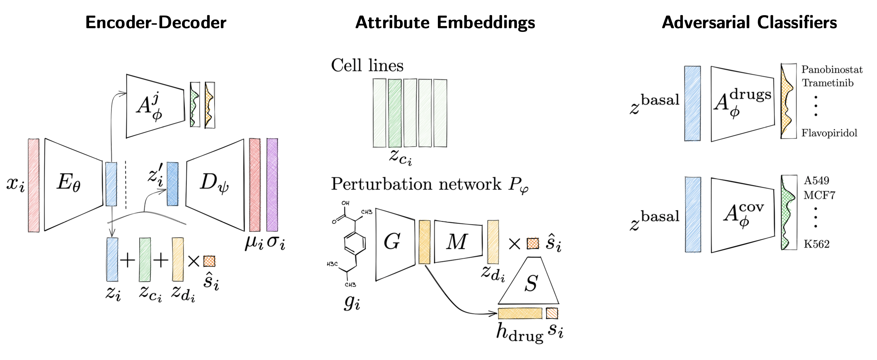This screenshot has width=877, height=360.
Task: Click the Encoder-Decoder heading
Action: pos(155,23)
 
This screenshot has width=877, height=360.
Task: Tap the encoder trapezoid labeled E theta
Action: pos(73,184)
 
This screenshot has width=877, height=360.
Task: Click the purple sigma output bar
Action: pos(272,185)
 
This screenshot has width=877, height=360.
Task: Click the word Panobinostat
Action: pos(832,70)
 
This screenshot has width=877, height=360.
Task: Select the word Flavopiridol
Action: pos(829,133)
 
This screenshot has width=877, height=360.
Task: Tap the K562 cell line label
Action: pos(816,244)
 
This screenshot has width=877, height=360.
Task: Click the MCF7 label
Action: pos(819,195)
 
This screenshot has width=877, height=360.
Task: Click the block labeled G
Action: pos(394,244)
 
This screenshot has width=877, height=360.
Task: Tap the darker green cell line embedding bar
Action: pos(395,113)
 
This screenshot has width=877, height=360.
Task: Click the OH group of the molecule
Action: pos(346,203)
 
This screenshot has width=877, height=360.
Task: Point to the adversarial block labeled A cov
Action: pos(742,215)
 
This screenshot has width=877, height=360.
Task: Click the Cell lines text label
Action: pos(367,65)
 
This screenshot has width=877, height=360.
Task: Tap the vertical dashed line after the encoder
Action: pos(126,184)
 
